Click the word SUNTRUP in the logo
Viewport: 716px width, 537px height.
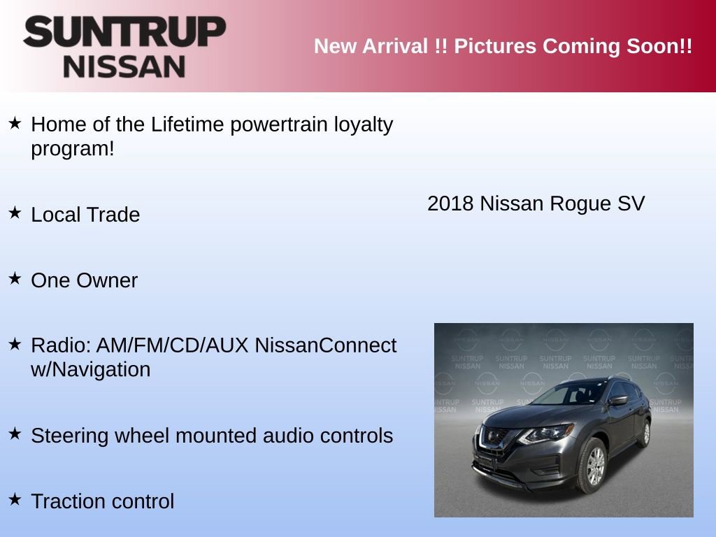(x=124, y=33)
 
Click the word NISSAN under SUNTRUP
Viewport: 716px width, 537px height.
(x=124, y=66)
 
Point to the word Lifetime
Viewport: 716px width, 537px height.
(x=187, y=125)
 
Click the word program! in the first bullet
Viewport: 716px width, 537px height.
(x=72, y=149)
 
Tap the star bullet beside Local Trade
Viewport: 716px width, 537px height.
(x=15, y=213)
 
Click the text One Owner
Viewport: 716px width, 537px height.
(x=85, y=280)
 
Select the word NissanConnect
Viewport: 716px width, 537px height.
(x=325, y=345)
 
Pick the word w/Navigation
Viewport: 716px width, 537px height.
(x=91, y=369)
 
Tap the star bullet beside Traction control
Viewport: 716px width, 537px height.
(x=15, y=499)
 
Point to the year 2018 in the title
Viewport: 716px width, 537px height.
(x=450, y=203)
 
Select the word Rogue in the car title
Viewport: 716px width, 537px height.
(x=574, y=203)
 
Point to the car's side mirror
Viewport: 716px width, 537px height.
(x=617, y=400)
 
